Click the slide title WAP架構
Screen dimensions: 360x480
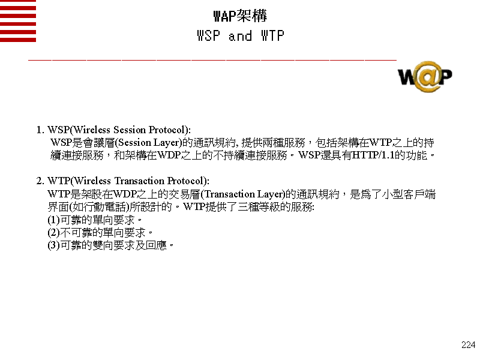[240, 16]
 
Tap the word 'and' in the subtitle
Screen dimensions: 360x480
[240, 37]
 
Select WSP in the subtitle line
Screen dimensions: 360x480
[208, 37]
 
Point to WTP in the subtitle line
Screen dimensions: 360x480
[272, 37]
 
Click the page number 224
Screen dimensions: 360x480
[468, 345]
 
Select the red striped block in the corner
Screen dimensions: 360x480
[18, 21]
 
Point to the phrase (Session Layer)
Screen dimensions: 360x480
[147, 143]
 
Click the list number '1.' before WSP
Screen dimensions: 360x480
[40, 130]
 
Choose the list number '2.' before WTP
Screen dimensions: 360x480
[40, 181]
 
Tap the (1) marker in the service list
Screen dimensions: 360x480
[54, 220]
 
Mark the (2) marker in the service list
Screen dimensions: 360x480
[54, 233]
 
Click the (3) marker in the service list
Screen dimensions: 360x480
[54, 245]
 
